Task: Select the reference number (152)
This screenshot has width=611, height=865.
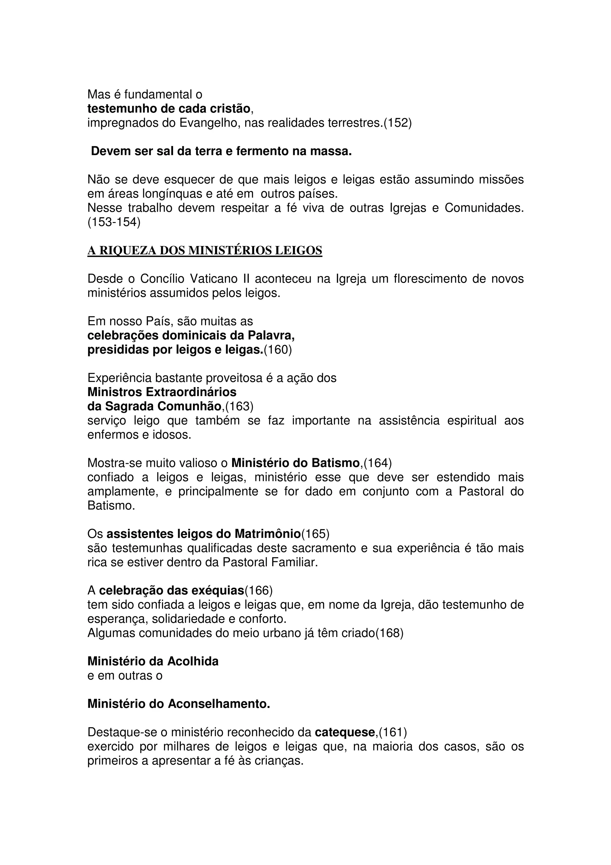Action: click(x=398, y=123)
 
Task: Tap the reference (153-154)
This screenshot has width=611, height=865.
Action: click(x=114, y=222)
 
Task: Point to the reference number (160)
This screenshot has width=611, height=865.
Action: click(x=278, y=350)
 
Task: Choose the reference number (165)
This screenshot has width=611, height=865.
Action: click(x=315, y=534)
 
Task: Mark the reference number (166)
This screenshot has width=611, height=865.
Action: click(x=259, y=590)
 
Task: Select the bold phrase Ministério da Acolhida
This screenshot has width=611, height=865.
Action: click(x=153, y=661)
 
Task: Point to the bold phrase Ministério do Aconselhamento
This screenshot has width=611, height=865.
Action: click(x=179, y=704)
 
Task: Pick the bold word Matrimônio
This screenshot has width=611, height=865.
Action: click(x=268, y=534)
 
